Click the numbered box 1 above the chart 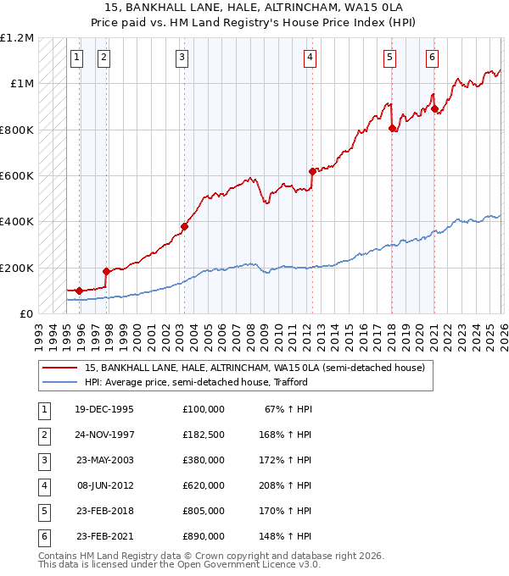[76, 58]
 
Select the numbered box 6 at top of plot [432, 58]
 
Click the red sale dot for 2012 [312, 171]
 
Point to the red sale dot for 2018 [392, 129]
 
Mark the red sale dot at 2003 [184, 226]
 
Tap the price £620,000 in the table [204, 485]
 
